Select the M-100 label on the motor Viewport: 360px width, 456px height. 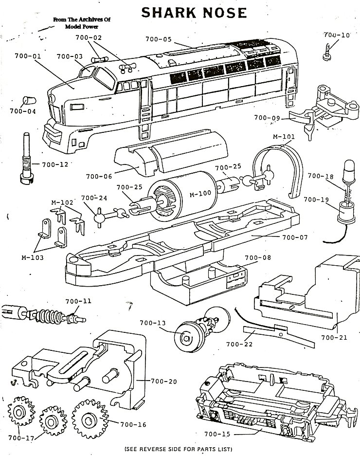200,193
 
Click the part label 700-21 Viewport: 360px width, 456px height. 334,337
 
